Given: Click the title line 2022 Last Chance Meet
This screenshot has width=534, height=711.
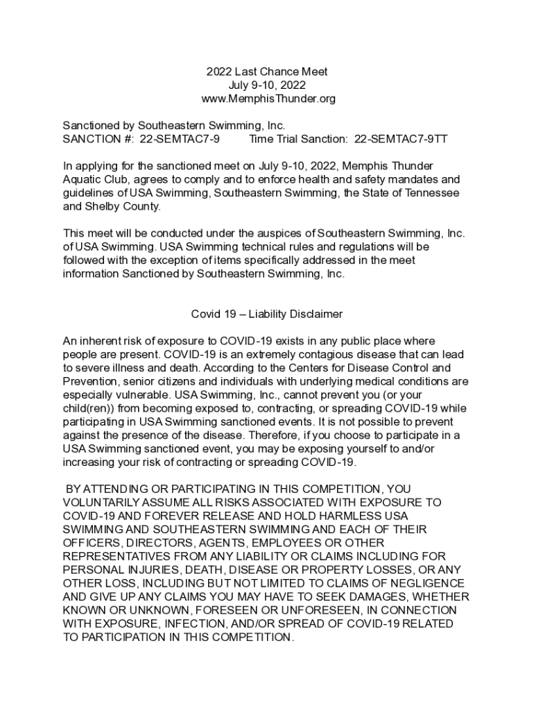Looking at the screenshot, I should click(266, 72).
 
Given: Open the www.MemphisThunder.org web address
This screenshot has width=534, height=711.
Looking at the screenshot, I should click(267, 99).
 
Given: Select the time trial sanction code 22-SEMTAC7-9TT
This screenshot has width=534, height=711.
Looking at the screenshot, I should click(401, 139).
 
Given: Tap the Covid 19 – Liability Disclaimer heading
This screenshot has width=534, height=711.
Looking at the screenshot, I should click(267, 314).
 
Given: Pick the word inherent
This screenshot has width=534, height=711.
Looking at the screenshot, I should click(102, 341).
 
